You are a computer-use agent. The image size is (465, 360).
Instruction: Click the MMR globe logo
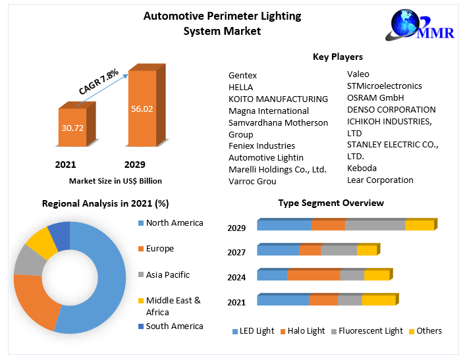tap(420, 25)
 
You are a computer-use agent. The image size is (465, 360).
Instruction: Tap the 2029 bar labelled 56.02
tap(146, 105)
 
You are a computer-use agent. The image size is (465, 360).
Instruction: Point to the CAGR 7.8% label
tap(99, 82)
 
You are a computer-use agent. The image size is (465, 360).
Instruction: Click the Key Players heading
tap(338, 57)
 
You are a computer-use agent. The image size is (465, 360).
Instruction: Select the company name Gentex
tap(242, 75)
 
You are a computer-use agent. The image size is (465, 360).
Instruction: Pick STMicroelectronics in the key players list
tap(385, 86)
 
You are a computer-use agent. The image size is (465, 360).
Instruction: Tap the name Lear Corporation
tap(380, 180)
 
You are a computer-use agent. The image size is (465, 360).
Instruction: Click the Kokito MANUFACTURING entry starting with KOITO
tap(278, 99)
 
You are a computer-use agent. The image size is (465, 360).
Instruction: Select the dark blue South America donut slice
tap(60, 236)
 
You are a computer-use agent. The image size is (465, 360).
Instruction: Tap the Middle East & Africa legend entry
tap(170, 306)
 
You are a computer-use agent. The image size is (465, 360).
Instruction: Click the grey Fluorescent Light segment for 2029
tap(375, 225)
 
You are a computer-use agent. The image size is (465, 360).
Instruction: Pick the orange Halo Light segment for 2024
tap(314, 274)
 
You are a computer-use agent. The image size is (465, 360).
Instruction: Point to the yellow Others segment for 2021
tap(379, 299)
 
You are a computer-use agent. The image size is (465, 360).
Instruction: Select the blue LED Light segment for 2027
tap(278, 250)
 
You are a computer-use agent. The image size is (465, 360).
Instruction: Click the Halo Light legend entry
tap(303, 330)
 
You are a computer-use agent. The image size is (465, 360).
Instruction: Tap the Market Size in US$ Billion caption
tap(115, 181)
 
